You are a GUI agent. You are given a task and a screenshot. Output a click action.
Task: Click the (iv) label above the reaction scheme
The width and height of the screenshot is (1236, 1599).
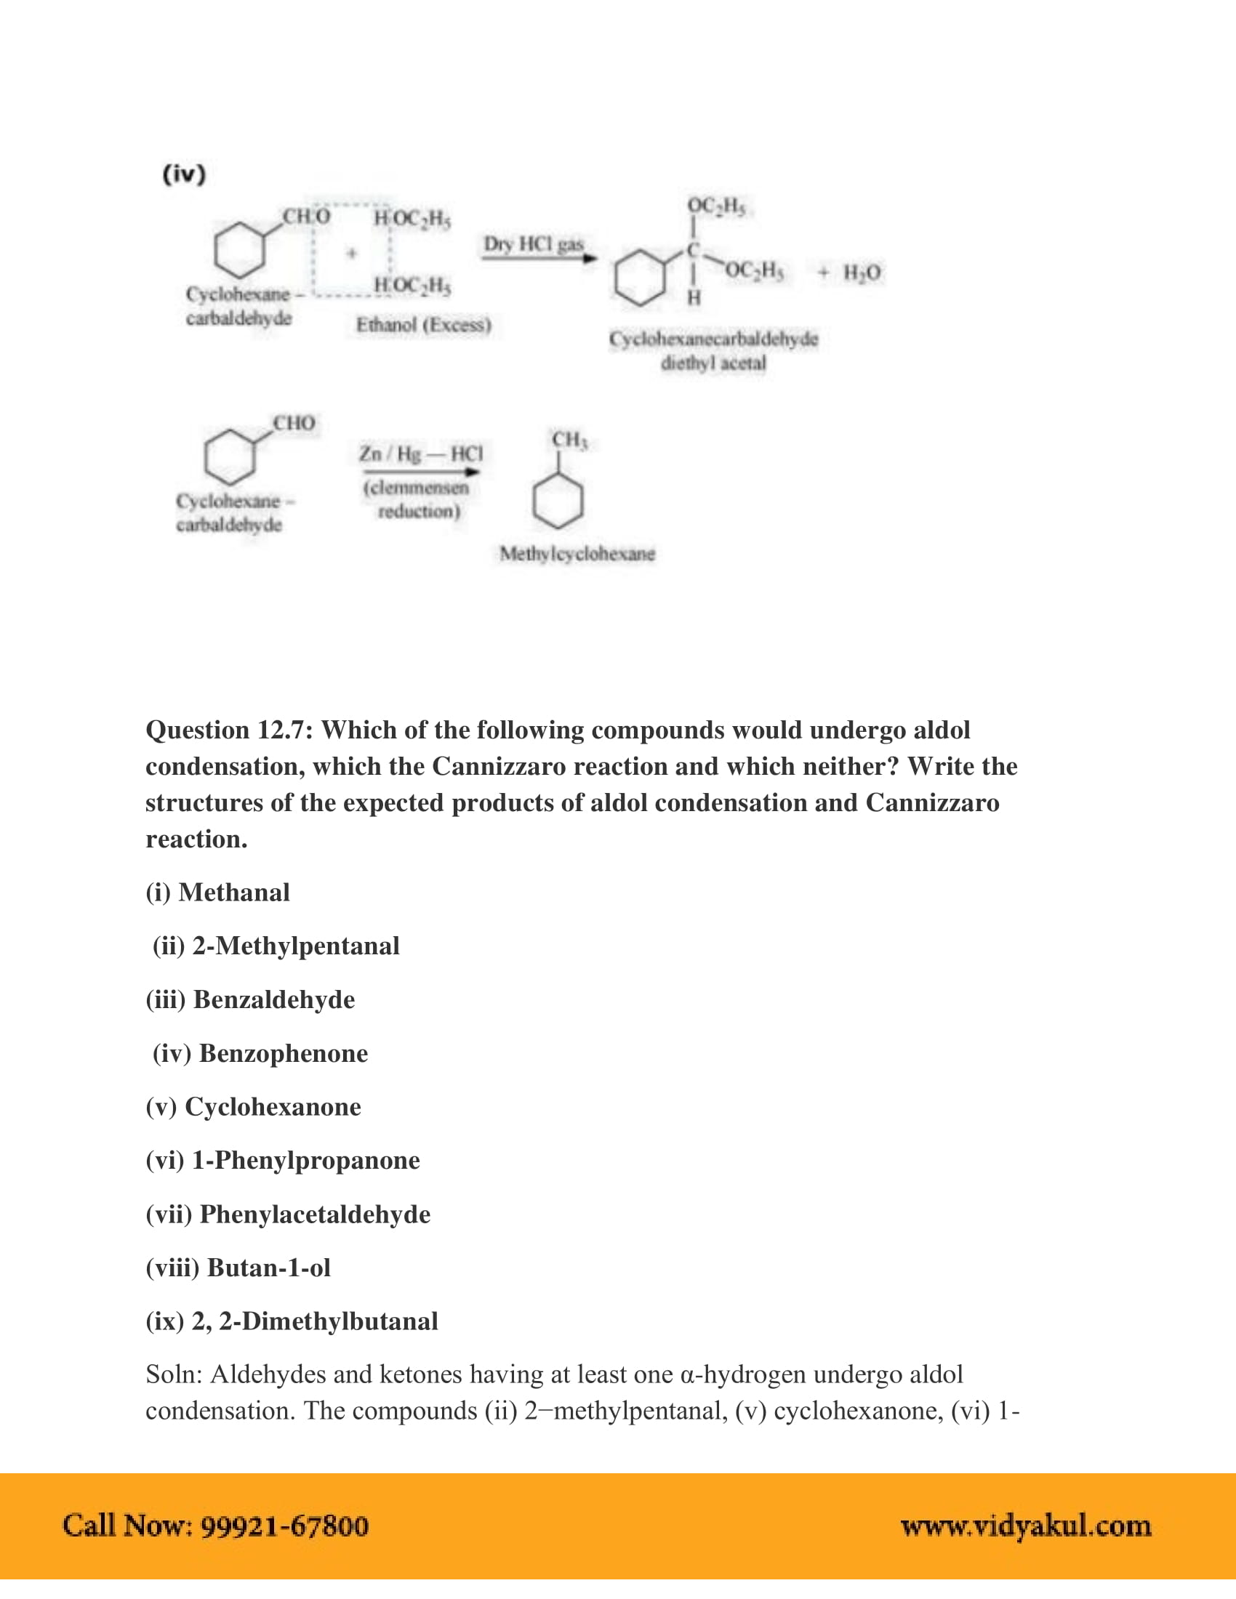point(184,174)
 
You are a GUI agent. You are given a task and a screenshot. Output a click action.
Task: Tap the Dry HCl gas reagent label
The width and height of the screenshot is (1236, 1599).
point(534,243)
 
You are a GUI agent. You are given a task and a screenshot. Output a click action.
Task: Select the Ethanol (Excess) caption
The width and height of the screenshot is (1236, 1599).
point(423,324)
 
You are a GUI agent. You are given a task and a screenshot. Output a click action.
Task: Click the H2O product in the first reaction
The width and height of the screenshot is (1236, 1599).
point(862,273)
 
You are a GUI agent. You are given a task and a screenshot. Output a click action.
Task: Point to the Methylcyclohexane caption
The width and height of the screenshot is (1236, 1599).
point(577,554)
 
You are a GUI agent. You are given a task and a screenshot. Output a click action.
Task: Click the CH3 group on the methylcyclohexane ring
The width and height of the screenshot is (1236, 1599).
point(570,439)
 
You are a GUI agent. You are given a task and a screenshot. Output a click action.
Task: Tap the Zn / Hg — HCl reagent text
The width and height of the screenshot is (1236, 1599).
point(420,454)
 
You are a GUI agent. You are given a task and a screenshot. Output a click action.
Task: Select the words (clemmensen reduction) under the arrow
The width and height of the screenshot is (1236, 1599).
point(417,499)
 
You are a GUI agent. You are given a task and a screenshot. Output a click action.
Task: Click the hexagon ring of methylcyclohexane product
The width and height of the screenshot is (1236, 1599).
point(558,502)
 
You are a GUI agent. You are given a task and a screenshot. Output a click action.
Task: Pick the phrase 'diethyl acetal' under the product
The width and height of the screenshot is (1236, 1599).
point(713,363)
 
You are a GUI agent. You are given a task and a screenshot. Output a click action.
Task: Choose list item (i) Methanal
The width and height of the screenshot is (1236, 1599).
point(217,893)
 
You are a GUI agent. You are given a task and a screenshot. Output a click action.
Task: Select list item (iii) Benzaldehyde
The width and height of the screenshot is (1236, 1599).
point(249,999)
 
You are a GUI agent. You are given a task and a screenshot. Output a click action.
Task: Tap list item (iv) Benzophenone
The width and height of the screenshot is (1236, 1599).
point(260,1053)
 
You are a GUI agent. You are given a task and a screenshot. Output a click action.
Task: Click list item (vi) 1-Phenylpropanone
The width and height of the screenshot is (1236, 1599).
point(283,1160)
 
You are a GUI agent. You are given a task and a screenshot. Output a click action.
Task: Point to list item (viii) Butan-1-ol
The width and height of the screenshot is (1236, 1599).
point(238,1268)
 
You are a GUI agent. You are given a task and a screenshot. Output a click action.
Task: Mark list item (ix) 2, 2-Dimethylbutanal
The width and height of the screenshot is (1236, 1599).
point(292,1321)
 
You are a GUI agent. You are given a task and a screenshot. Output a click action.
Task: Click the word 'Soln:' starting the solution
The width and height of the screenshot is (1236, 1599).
point(174,1374)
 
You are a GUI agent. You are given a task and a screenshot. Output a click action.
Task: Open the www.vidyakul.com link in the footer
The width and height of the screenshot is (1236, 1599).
point(1026,1525)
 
